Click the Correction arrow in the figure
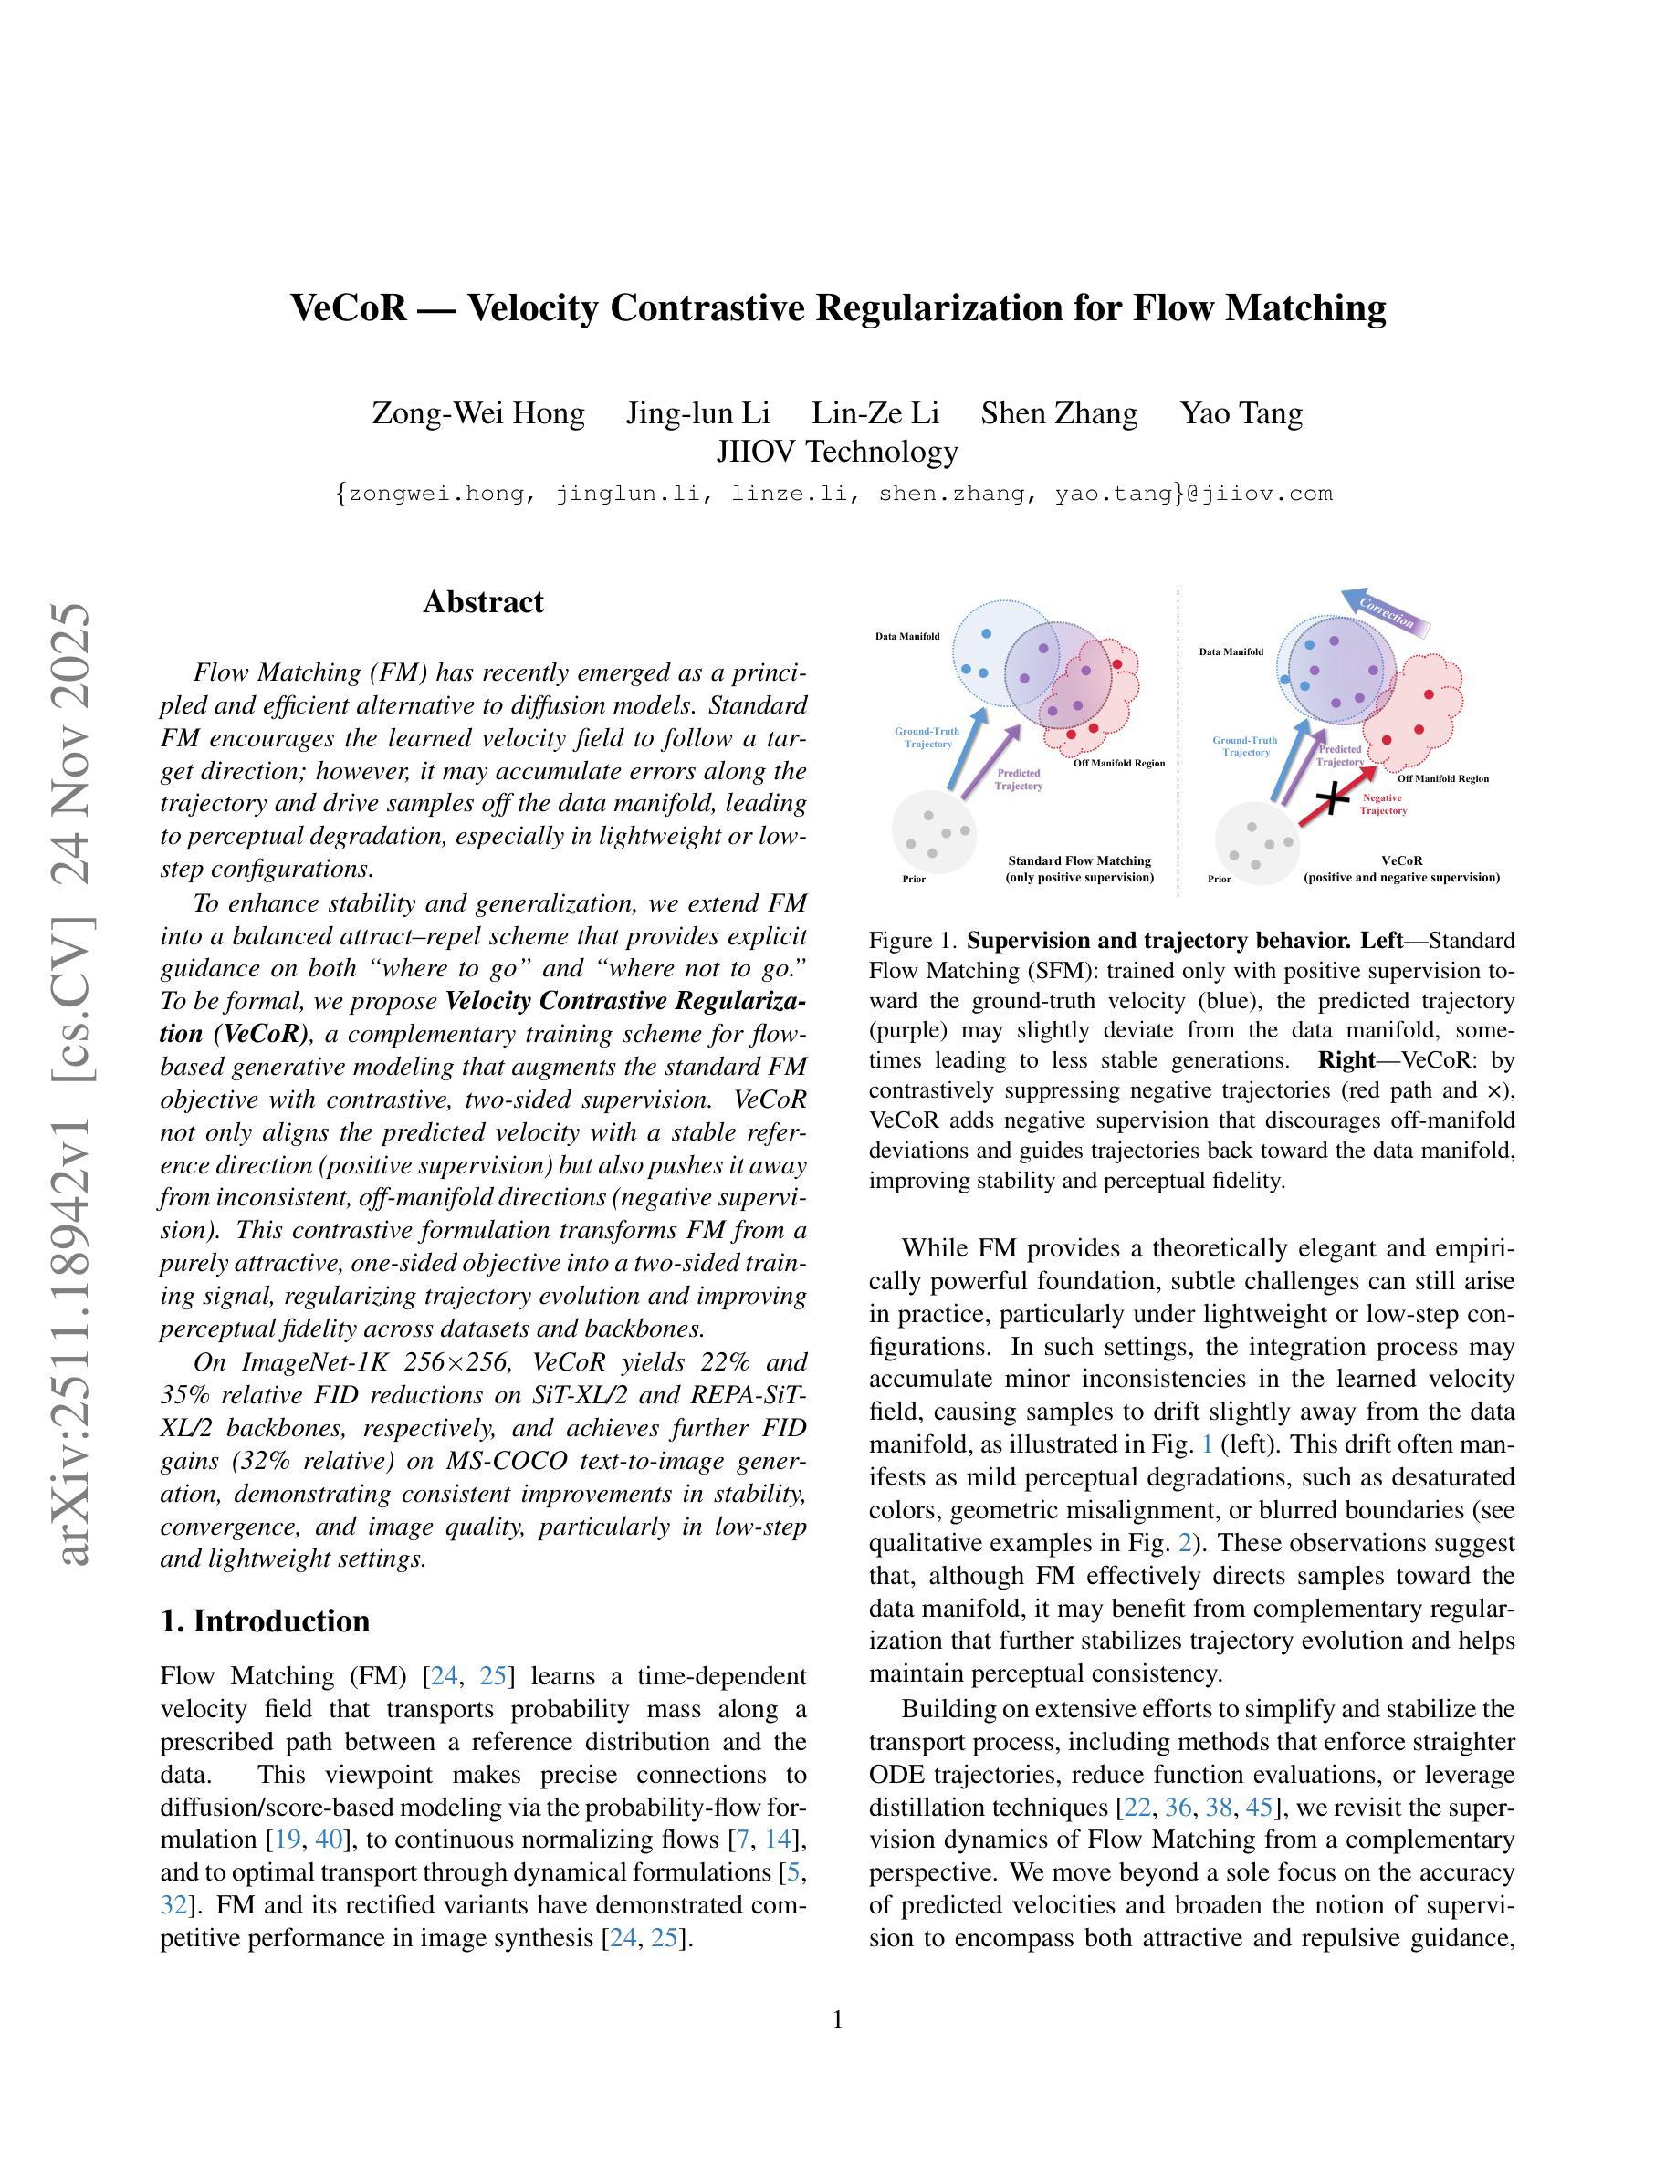pos(1385,612)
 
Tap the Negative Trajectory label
pos(1383,804)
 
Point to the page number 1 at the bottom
pos(837,2020)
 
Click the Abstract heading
pos(483,601)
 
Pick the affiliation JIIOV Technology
pos(837,452)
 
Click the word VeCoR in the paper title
pos(348,307)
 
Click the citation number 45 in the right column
pos(1258,1806)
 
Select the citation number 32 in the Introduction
pos(173,1904)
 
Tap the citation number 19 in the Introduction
pos(287,1839)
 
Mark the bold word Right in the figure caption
pos(1346,1060)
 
